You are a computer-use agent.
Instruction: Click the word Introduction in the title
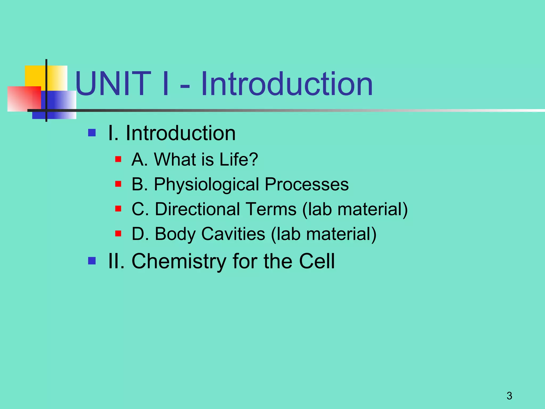(x=287, y=84)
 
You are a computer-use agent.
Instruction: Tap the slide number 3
(x=509, y=396)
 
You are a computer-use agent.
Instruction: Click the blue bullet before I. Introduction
(x=92, y=133)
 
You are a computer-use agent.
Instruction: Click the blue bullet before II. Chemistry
(x=92, y=261)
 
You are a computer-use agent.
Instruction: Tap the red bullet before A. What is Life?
(x=118, y=159)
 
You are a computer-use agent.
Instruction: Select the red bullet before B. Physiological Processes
(x=118, y=184)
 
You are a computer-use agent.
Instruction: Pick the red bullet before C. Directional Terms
(x=118, y=208)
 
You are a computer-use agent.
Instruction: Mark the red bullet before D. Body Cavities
(x=118, y=234)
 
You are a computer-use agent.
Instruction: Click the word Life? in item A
(x=238, y=159)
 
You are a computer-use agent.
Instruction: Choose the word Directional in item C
(x=199, y=209)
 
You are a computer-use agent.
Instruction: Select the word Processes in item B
(x=307, y=184)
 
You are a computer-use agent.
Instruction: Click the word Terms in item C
(x=271, y=209)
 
